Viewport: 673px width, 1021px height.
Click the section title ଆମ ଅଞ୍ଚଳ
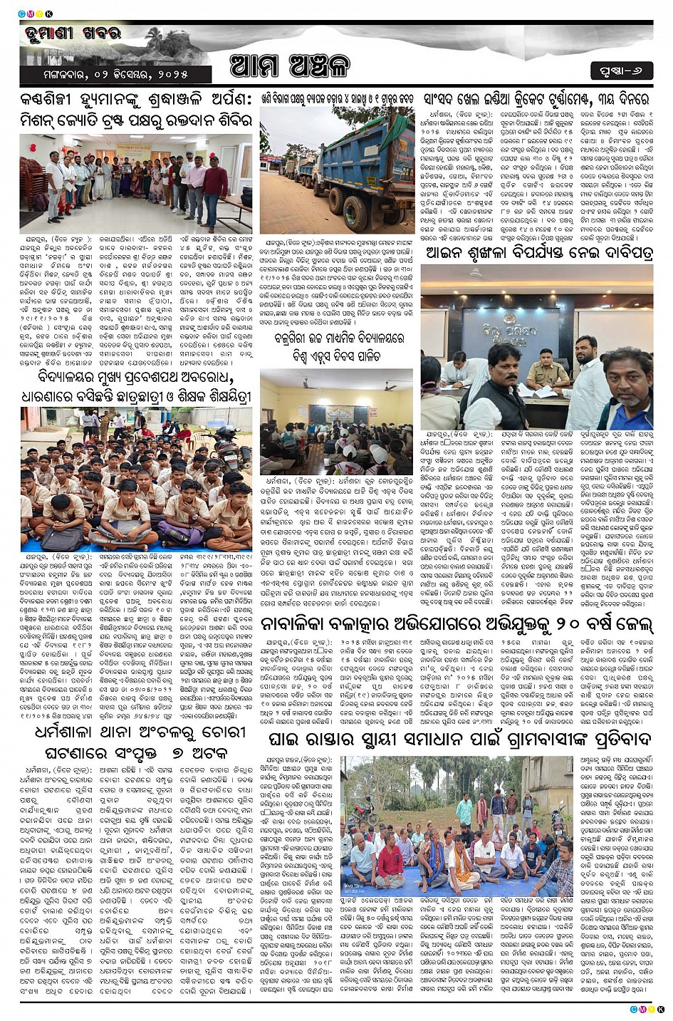point(290,66)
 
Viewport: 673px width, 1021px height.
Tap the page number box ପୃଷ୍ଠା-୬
point(621,71)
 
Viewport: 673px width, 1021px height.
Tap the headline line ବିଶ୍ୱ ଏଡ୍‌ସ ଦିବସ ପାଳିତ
point(336,357)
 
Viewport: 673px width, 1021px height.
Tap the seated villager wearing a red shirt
point(390,863)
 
